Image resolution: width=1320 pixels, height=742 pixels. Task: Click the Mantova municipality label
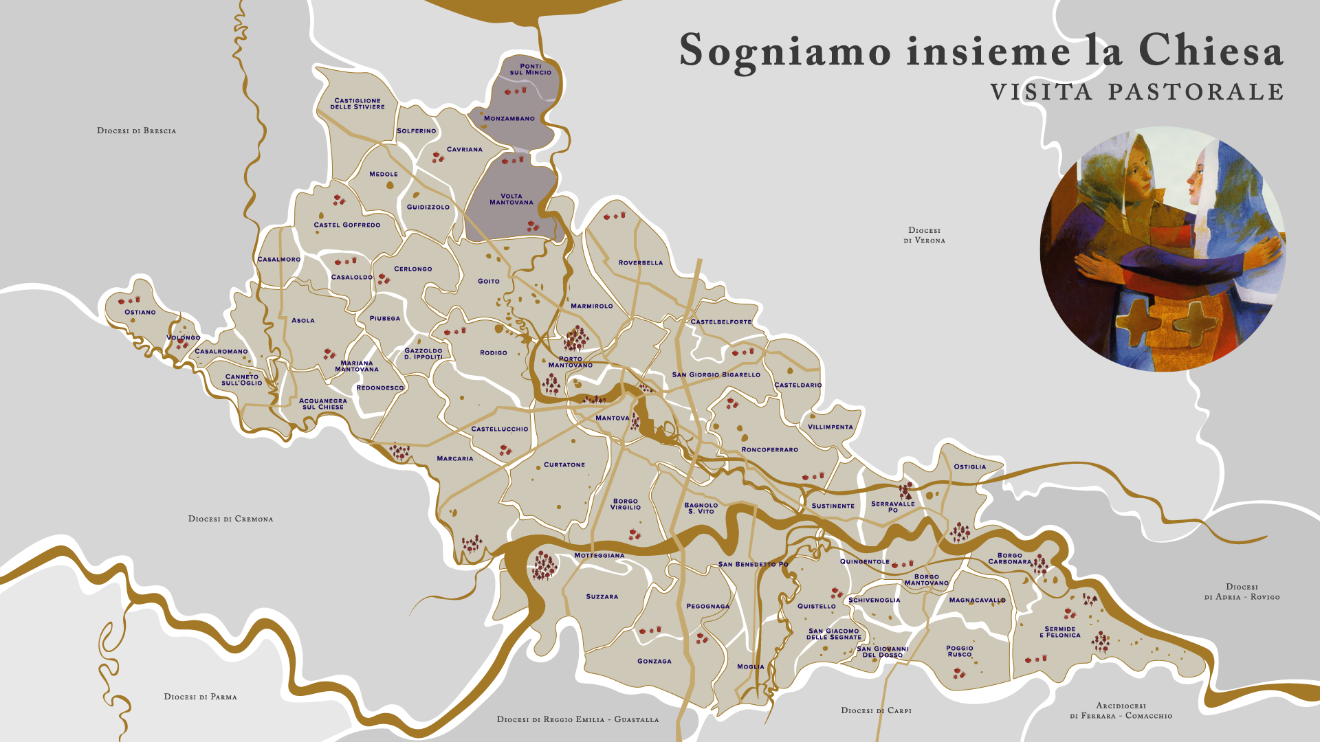(x=612, y=418)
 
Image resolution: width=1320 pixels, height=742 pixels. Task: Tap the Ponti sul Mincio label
(x=530, y=69)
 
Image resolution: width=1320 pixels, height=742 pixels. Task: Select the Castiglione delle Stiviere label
(x=357, y=104)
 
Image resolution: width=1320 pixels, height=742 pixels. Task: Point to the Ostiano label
(x=140, y=312)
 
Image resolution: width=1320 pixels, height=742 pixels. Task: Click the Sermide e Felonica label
(x=1059, y=632)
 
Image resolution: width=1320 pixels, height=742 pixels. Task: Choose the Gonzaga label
(x=654, y=661)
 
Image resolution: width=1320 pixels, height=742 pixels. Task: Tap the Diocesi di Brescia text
(x=136, y=131)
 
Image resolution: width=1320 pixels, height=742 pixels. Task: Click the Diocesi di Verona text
(x=924, y=236)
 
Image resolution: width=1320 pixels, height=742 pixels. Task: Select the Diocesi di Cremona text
(x=230, y=519)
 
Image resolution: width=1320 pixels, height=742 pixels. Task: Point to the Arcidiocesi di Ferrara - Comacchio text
(x=1121, y=710)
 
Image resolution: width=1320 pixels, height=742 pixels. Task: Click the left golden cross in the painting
(x=1134, y=322)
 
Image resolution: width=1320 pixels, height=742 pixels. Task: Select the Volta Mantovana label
(x=511, y=199)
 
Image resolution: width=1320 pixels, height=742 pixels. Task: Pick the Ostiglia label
(x=969, y=466)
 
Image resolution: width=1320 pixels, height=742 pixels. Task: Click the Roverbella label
(x=640, y=262)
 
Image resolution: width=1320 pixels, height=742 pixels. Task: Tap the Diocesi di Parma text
(x=200, y=697)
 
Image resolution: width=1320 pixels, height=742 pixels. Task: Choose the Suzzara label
(x=602, y=596)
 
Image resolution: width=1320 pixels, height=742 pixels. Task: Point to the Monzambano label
(x=509, y=118)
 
